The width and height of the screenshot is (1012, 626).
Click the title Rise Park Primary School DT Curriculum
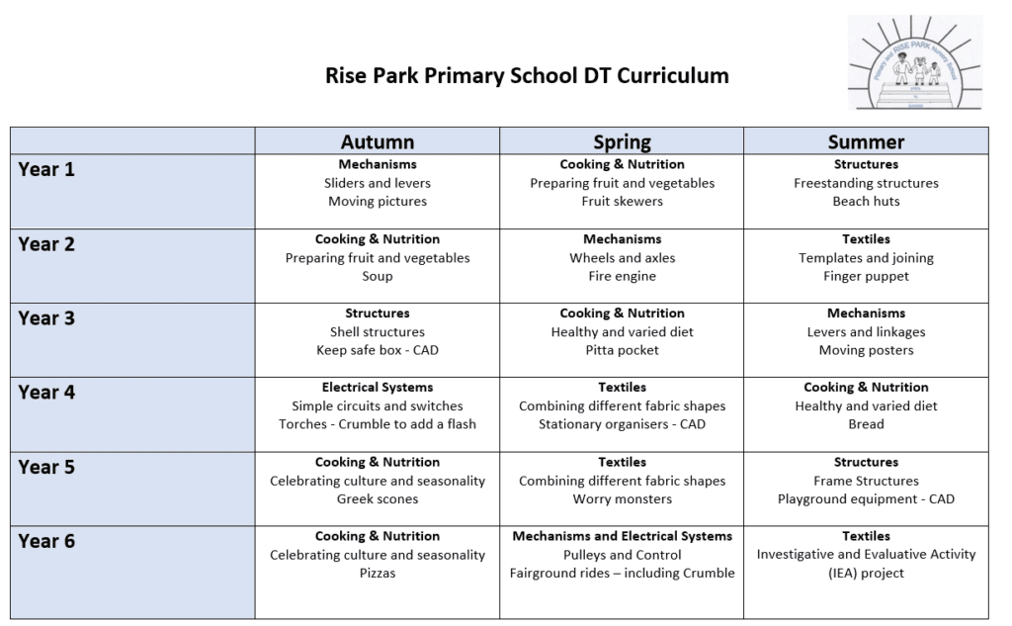(527, 76)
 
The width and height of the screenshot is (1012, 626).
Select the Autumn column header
(378, 141)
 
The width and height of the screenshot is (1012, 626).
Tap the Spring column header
(622, 141)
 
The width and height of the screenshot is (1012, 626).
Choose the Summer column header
(866, 141)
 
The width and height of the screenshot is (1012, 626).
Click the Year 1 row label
(46, 169)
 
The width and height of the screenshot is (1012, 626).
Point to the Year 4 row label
(46, 393)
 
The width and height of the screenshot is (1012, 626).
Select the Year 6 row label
(46, 541)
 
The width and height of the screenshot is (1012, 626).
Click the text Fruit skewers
(622, 202)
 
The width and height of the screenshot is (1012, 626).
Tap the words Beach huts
(866, 202)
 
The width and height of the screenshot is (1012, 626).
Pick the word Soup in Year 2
(378, 277)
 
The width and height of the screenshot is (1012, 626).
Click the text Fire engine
(622, 277)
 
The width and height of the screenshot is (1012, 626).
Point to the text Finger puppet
(866, 277)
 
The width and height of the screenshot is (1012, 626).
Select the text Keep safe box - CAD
(378, 351)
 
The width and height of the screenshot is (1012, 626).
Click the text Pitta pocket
(622, 351)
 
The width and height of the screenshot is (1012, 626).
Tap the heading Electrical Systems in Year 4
(378, 388)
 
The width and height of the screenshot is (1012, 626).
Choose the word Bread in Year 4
(866, 424)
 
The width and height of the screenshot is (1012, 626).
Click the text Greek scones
(378, 499)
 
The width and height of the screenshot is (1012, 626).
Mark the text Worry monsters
(622, 499)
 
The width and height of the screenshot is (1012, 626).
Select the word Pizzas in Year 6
(378, 574)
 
